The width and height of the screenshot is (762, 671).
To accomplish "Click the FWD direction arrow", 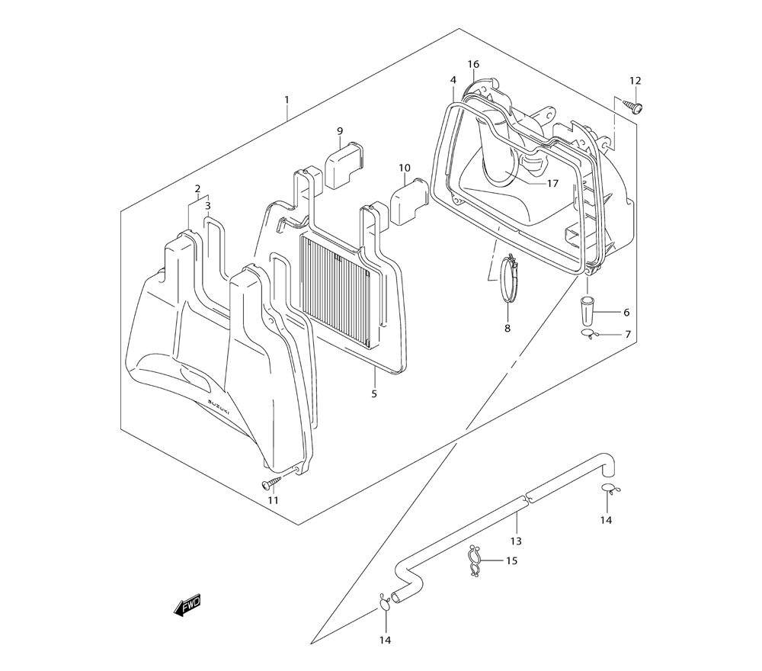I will [x=187, y=605].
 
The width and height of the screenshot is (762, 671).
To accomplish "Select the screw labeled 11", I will [x=272, y=483].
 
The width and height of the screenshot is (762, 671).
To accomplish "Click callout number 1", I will [x=287, y=100].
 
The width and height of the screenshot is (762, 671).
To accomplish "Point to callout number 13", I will [x=516, y=541].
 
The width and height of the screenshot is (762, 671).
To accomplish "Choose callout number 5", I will [x=374, y=393].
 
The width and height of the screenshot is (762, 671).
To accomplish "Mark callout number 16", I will [x=473, y=64].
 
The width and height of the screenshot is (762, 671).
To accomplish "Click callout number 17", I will [x=552, y=183].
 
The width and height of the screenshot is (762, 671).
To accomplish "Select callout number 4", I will [x=453, y=80].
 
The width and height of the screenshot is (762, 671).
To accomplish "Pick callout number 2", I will [x=197, y=189].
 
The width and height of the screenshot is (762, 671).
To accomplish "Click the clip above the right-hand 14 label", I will [x=607, y=489].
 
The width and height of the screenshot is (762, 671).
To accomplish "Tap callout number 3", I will [x=207, y=205].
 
